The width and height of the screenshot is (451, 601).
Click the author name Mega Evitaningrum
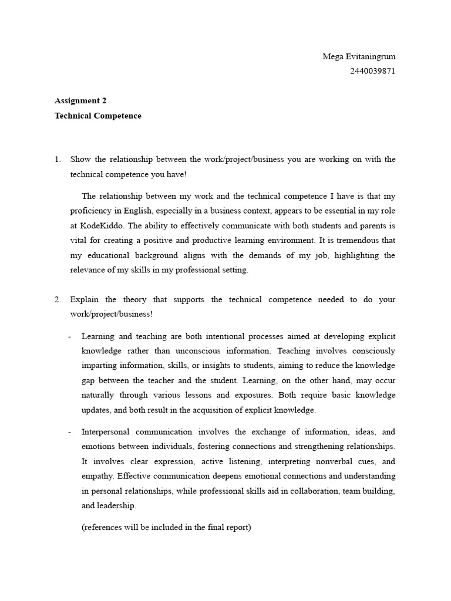pos(359,57)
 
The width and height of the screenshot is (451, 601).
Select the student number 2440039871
pos(372,72)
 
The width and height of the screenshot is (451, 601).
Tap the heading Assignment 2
pos(80,100)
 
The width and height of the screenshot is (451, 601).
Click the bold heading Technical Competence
pos(98,116)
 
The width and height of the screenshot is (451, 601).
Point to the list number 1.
pos(58,160)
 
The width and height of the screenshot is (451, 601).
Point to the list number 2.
pos(58,299)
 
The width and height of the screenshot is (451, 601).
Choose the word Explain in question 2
pos(84,299)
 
